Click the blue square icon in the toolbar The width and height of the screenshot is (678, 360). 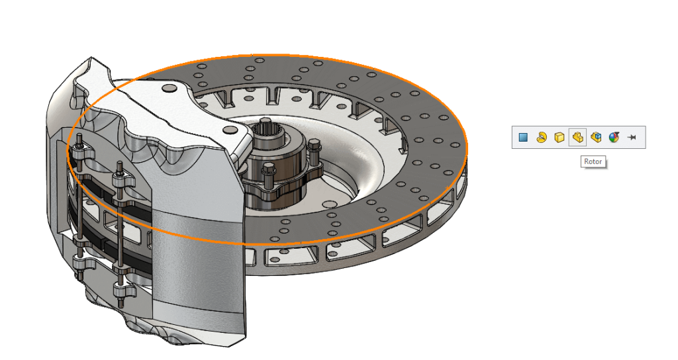pyautogui.click(x=523, y=138)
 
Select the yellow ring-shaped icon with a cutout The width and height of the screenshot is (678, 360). pyautogui.click(x=541, y=138)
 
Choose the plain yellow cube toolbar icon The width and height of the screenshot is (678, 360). pyautogui.click(x=559, y=138)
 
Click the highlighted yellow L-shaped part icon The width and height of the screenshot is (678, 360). pyautogui.click(x=577, y=138)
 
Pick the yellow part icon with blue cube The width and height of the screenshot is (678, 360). pyautogui.click(x=596, y=138)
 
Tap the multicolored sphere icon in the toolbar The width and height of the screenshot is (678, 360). pyautogui.click(x=614, y=138)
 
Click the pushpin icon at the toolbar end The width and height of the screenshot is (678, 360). pyautogui.click(x=632, y=138)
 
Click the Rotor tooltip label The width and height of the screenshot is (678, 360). pyautogui.click(x=593, y=161)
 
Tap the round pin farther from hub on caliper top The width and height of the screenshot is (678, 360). pyautogui.click(x=168, y=88)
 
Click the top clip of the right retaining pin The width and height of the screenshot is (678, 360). pyautogui.click(x=120, y=179)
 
